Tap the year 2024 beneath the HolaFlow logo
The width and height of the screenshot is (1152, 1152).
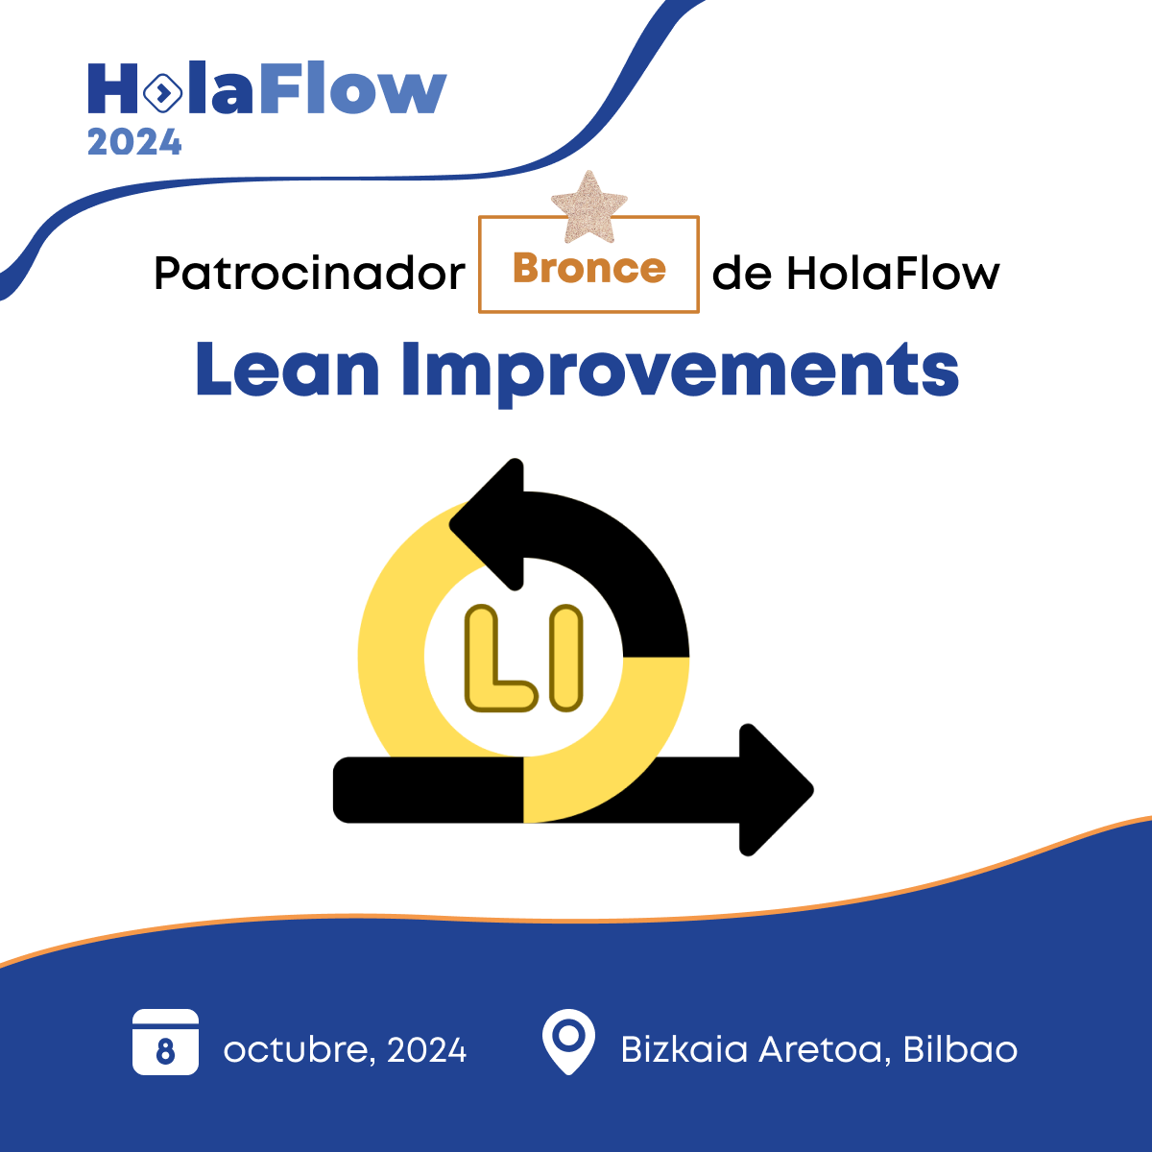134,143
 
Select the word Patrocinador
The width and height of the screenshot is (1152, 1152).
309,274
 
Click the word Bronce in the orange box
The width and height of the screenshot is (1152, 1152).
588,268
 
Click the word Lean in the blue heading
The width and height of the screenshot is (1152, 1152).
287,370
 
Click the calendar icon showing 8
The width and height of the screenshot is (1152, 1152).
165,1043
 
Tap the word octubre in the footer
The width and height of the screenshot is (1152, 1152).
296,1050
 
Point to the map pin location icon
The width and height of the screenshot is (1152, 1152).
568,1041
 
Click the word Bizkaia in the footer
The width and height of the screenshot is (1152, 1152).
684,1049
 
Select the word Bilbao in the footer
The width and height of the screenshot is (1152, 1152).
960,1049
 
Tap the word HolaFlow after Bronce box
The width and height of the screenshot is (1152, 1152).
893,274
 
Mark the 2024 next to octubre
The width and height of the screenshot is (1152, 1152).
426,1050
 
